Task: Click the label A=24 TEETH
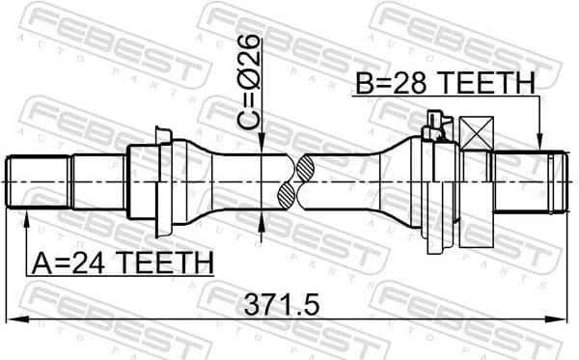click(x=122, y=262)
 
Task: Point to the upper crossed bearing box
click(x=477, y=132)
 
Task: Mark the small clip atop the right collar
click(x=433, y=124)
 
